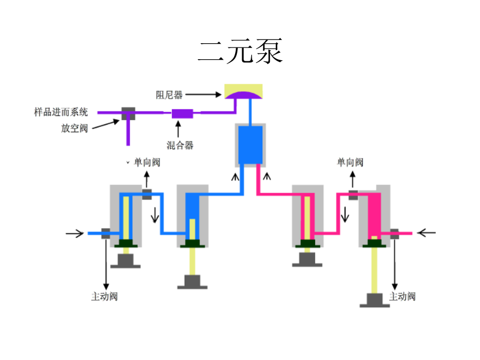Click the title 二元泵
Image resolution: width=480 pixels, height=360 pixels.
pos(241,51)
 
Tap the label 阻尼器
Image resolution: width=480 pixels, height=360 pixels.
pos(169,95)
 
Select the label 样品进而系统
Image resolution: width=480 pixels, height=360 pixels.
pos(61,112)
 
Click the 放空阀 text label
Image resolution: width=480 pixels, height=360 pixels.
pos(74,128)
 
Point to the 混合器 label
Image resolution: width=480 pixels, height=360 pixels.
pos(180,145)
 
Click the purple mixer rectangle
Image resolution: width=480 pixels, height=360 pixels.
pos(182,114)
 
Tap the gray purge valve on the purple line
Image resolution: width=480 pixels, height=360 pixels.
pos(128,114)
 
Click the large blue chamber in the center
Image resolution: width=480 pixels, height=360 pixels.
pos(251,145)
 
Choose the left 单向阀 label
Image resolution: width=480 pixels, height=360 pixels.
pos(147,162)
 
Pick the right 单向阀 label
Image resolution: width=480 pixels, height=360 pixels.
pos(350,162)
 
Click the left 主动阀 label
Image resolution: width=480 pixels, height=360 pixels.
pos(105,297)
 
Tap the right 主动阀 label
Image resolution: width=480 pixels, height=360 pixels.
pos(402,297)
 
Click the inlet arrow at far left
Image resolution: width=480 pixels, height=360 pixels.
pos(74,234)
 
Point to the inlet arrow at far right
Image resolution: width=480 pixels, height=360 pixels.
pos(427,233)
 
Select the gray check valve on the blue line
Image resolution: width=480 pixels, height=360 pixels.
pos(147,194)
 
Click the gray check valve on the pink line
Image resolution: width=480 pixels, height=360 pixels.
pos(353,195)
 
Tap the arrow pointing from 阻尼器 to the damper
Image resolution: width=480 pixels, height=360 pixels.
pos(203,94)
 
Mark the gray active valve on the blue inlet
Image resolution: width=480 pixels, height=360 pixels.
pos(106,233)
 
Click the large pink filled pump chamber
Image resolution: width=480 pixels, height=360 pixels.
pos(374,216)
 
